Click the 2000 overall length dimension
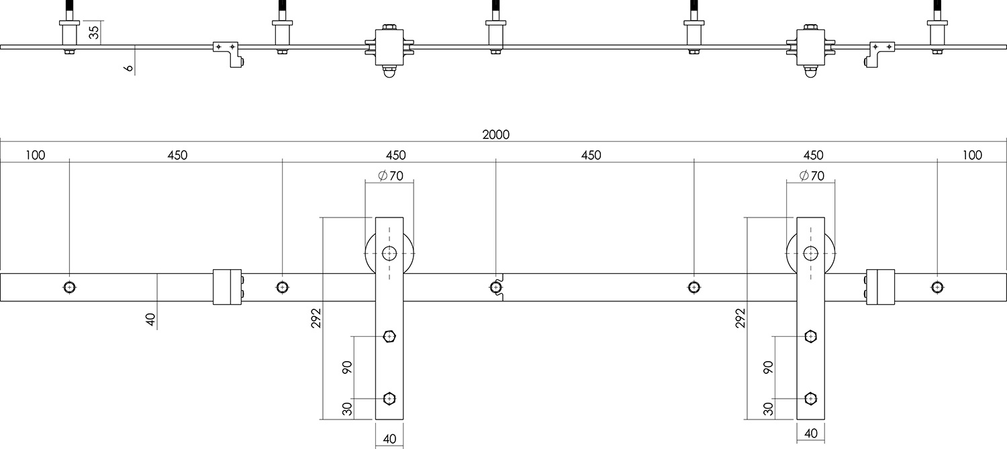click(495, 134)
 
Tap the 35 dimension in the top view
click(94, 32)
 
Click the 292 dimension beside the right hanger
click(740, 317)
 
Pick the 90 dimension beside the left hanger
click(348, 367)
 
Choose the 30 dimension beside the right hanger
click(769, 407)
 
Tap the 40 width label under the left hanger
click(389, 440)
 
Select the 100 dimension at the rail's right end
click(971, 156)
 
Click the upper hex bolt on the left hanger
click(389, 336)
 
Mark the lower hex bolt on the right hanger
click(811, 399)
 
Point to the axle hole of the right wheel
click(811, 253)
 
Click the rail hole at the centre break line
click(495, 287)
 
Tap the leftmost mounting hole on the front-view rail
click(69, 287)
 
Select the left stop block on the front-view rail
click(227, 287)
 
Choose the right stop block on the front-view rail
click(880, 287)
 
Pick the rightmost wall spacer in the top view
click(937, 31)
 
